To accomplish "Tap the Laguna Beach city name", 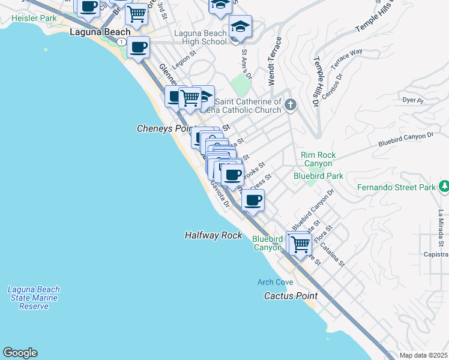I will [x=100, y=32].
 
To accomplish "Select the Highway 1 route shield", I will [x=122, y=42].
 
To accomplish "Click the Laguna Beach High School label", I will [x=200, y=37].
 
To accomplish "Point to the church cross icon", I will [x=291, y=106].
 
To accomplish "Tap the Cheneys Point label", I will [x=163, y=128].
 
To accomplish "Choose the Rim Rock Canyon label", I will [x=318, y=159].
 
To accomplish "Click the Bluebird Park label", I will [x=318, y=176].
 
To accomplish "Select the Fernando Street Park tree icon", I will [x=444, y=187].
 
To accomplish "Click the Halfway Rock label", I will [x=213, y=236].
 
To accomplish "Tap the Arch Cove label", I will [x=275, y=282].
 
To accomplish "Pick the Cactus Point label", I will [x=291, y=296].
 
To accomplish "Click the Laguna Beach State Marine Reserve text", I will [x=33, y=298].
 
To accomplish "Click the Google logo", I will [x=20, y=353].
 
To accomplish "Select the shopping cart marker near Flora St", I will [x=300, y=244].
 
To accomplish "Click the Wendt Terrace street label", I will [x=274, y=61].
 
